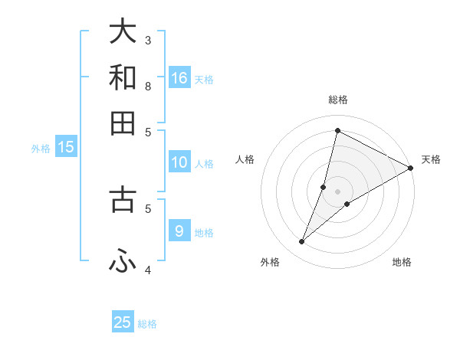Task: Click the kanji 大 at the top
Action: click(123, 32)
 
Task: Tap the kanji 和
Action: click(123, 77)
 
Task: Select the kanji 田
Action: click(123, 123)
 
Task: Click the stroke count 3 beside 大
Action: click(148, 40)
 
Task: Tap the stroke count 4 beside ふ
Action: click(148, 270)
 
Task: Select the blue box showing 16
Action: click(179, 77)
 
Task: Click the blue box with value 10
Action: click(179, 162)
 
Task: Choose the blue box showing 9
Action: click(179, 231)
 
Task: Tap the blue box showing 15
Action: click(66, 147)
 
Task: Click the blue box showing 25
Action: click(123, 322)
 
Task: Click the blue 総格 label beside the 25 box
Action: click(147, 324)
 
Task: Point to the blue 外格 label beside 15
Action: click(41, 149)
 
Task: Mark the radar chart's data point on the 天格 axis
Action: click(410, 169)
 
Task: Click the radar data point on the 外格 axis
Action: click(302, 242)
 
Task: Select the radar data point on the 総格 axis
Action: click(337, 130)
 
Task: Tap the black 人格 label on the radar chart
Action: click(245, 159)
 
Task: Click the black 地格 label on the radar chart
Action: click(402, 262)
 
